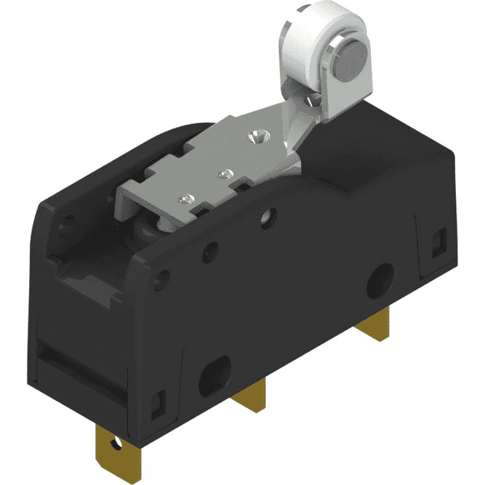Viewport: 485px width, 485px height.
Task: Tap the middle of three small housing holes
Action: [212, 250]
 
